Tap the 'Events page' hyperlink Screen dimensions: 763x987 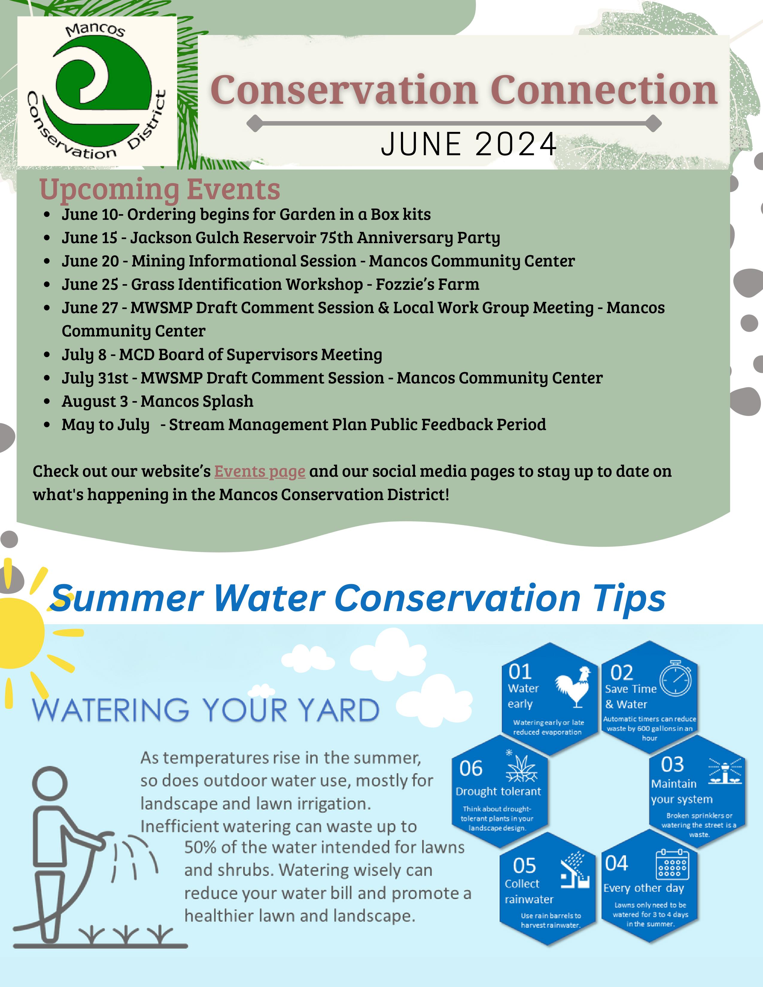pyautogui.click(x=260, y=472)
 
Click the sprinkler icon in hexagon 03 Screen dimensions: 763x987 pyautogui.click(x=725, y=770)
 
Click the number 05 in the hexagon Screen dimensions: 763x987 pyautogui.click(x=524, y=866)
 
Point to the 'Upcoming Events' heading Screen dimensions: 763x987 pyautogui.click(x=159, y=189)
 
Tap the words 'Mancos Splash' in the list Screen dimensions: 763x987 pyautogui.click(x=197, y=401)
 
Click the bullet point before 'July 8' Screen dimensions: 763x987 pyautogui.click(x=47, y=355)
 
